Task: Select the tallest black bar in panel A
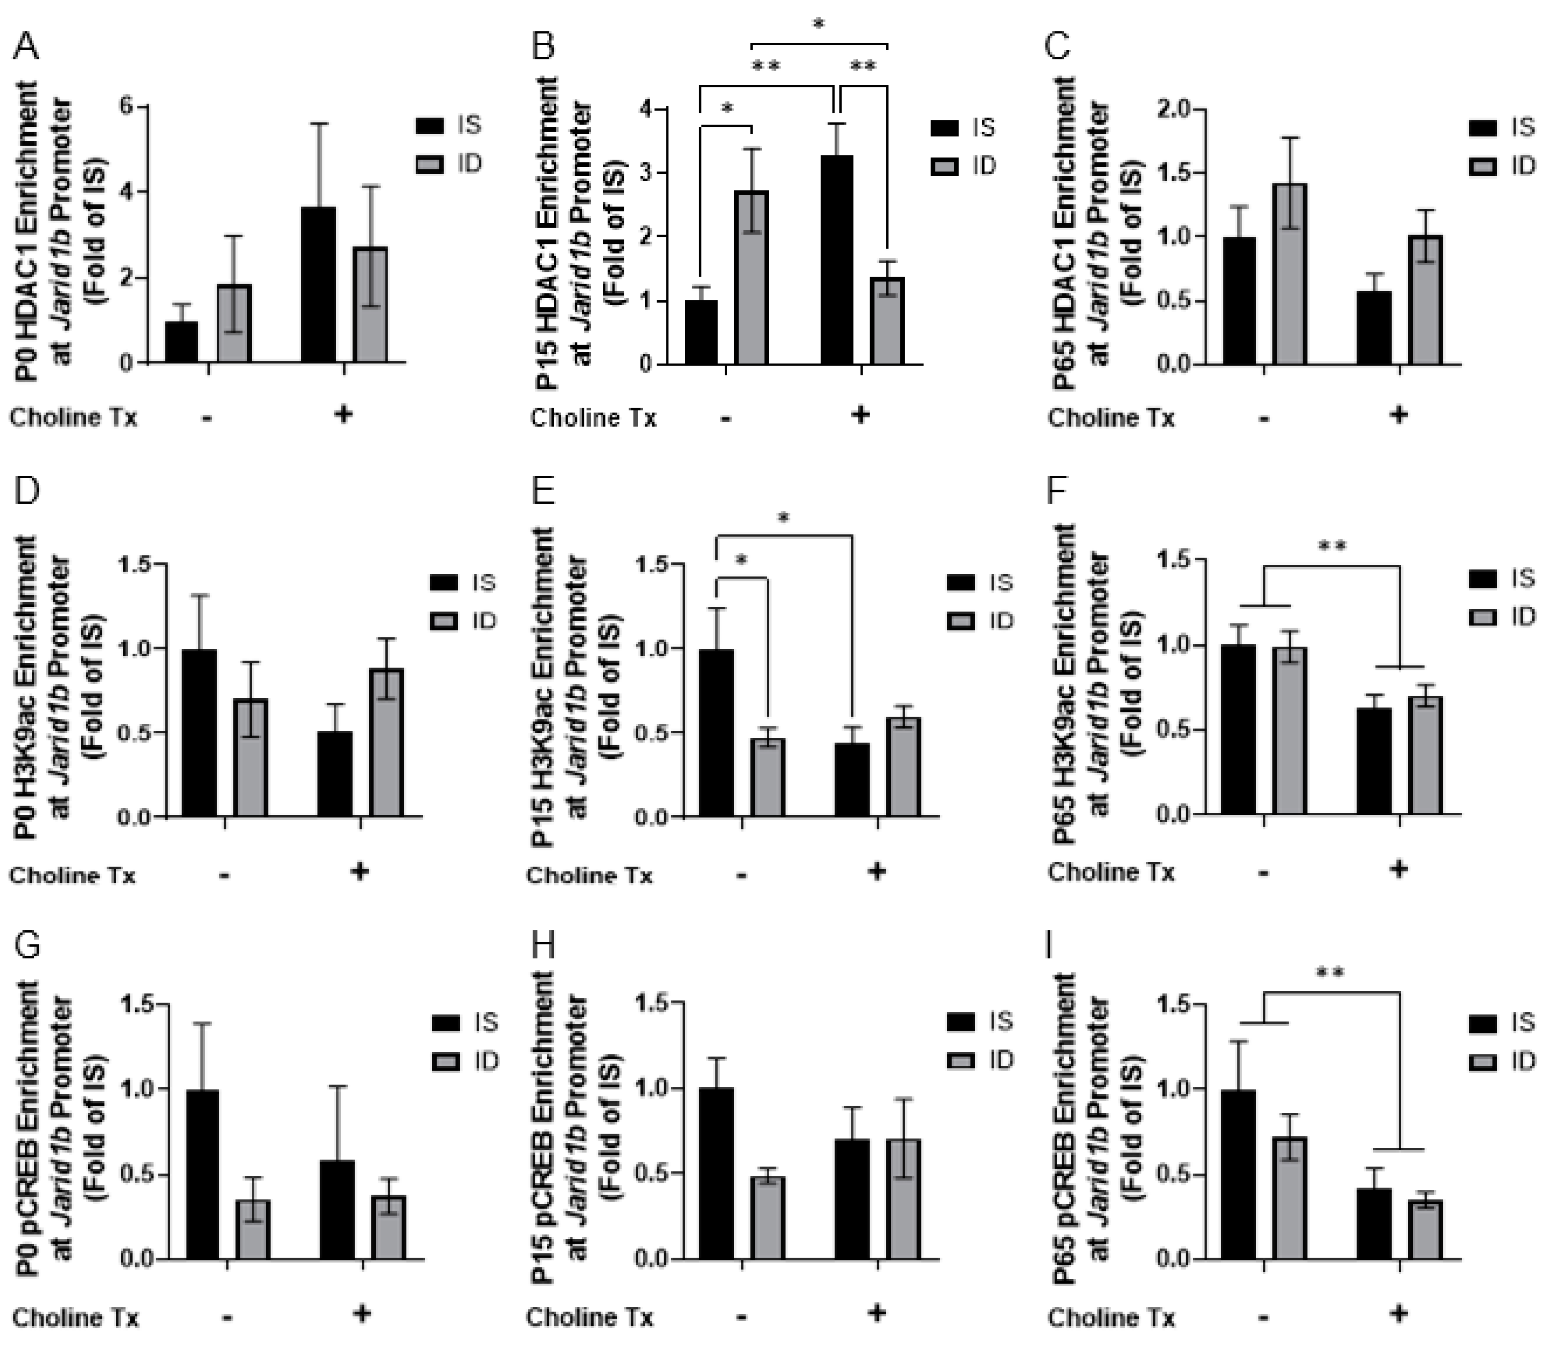tap(318, 285)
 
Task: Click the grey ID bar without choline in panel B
tap(752, 277)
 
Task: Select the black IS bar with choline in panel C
tap(1374, 328)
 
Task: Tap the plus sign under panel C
tap(1399, 414)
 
